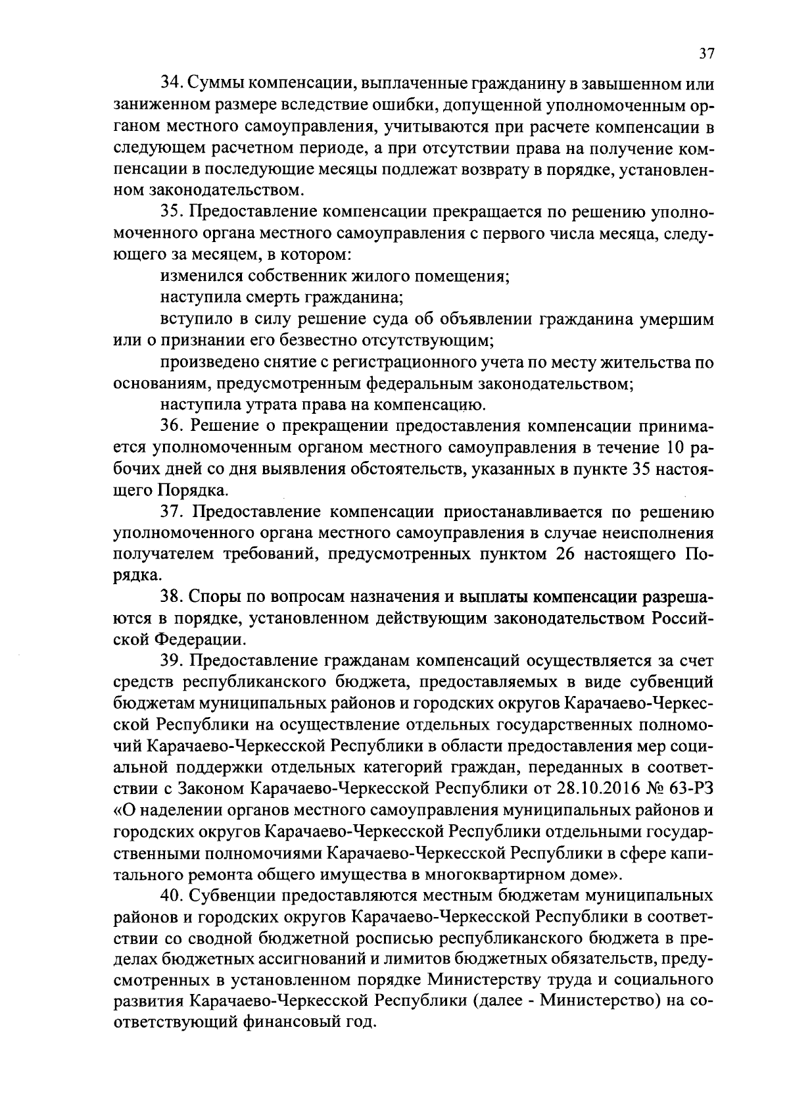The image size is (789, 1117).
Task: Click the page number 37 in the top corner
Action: pos(705,54)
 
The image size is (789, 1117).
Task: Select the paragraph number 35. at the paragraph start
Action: pos(173,212)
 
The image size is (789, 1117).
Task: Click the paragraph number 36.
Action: pos(173,426)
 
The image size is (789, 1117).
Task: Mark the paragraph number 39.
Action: pos(173,660)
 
